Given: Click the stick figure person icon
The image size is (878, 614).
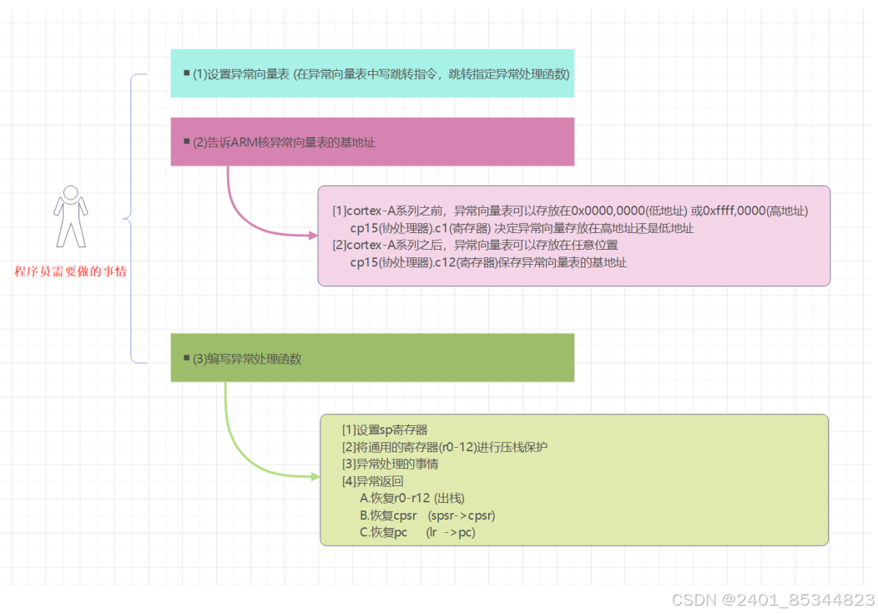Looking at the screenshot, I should pyautogui.click(x=70, y=216).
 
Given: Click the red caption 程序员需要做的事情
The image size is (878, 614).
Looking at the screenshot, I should pyautogui.click(x=70, y=271).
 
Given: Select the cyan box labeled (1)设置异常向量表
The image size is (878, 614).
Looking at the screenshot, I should pyautogui.click(x=372, y=74).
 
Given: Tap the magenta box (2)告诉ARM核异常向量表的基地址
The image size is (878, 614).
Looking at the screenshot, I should pyautogui.click(x=372, y=142).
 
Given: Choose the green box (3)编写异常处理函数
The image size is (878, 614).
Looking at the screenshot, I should pyautogui.click(x=372, y=358).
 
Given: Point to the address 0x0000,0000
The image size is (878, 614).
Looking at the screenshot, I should pyautogui.click(x=608, y=211).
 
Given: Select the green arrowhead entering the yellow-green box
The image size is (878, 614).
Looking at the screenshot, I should pyautogui.click(x=315, y=477).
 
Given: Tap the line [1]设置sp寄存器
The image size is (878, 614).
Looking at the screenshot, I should pyautogui.click(x=385, y=429).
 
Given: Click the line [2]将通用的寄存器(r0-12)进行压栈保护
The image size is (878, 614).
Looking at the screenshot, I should pyautogui.click(x=445, y=447).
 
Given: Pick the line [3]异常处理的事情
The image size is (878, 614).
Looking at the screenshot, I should pyautogui.click(x=391, y=464).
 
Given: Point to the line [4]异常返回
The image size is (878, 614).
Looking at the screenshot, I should pyautogui.click(x=373, y=481).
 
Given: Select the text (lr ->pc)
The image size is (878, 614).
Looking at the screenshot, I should pyautogui.click(x=450, y=532).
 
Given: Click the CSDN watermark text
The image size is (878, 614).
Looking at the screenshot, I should pyautogui.click(x=773, y=600).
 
